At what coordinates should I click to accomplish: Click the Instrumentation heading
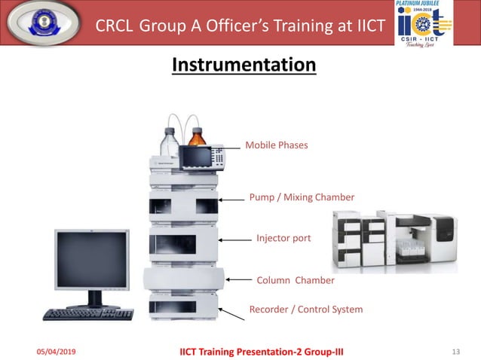coord(244,65)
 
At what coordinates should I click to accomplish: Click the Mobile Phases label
coord(277,145)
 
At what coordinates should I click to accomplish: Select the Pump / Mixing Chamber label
coord(302,197)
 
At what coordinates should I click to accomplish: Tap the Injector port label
coord(283,238)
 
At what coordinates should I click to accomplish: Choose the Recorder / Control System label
coord(306,309)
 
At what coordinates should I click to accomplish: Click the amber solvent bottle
coord(198,139)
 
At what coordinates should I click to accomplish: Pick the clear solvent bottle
coord(169,142)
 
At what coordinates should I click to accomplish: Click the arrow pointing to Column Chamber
coord(238,279)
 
